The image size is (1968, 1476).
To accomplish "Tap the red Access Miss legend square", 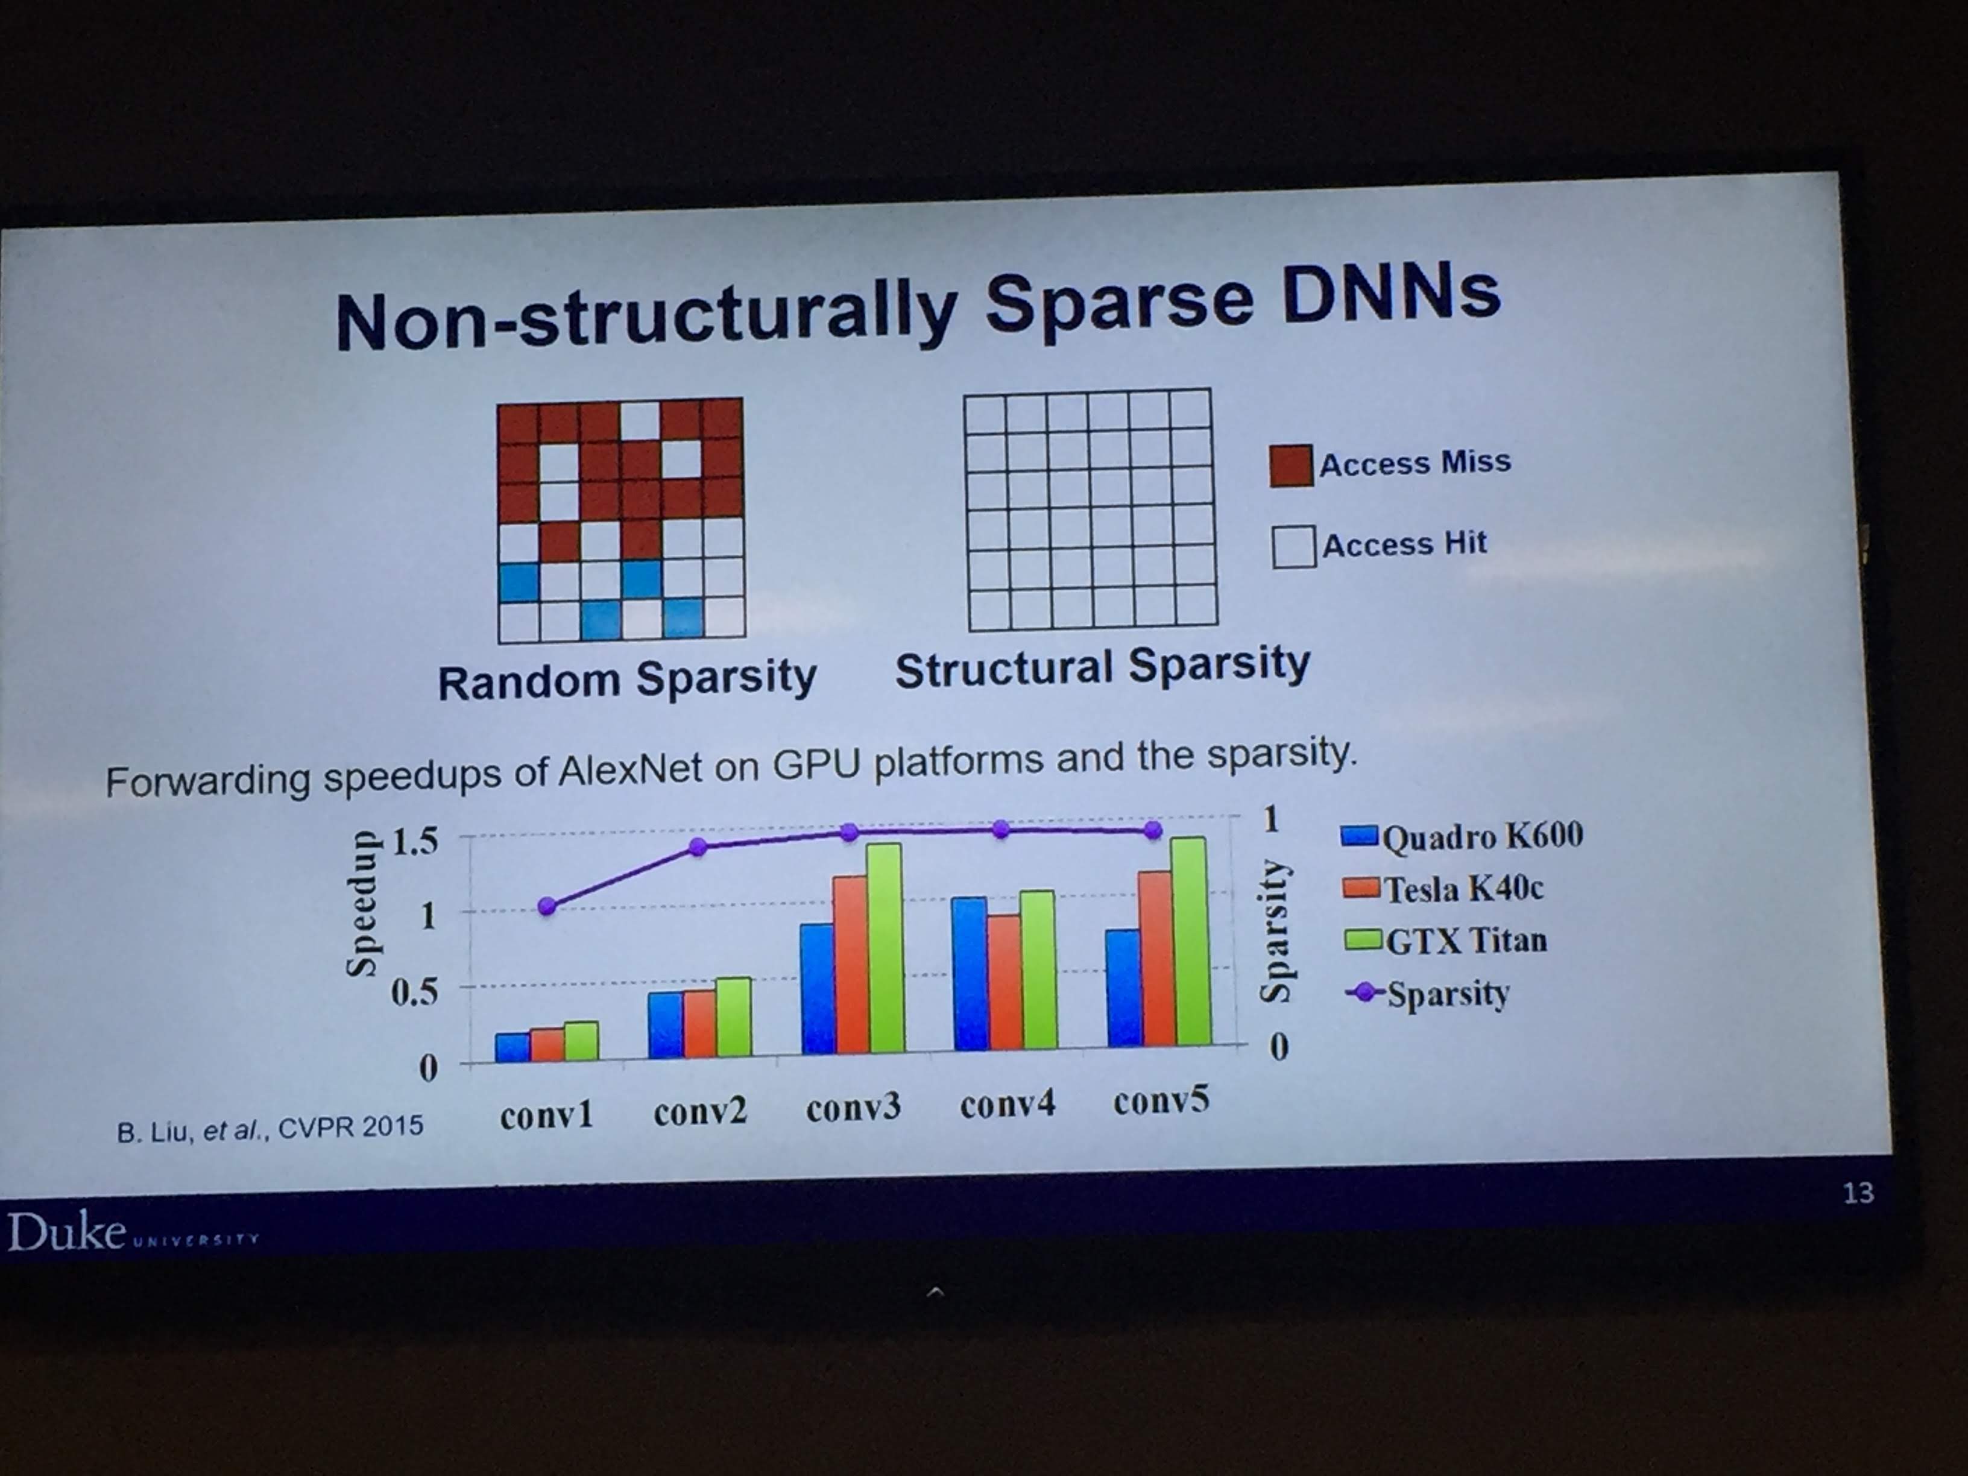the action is (1291, 466).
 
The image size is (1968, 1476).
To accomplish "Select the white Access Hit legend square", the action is (1294, 546).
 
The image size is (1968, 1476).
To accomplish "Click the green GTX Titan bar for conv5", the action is (1190, 941).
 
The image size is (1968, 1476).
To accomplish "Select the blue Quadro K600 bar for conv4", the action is (970, 973).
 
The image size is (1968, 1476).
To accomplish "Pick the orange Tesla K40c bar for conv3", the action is (850, 965).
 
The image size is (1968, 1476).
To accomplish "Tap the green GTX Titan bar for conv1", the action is (581, 1041).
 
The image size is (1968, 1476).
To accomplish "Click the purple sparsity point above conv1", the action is (547, 906).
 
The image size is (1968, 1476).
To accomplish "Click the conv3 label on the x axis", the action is (853, 1108).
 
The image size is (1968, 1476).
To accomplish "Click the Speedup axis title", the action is (361, 904).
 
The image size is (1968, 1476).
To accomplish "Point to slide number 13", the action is (1858, 1191).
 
